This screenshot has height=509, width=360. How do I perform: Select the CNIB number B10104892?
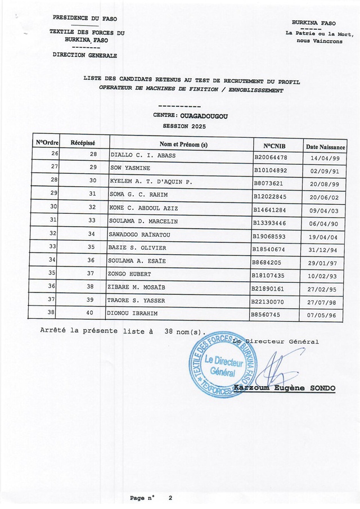click(x=271, y=169)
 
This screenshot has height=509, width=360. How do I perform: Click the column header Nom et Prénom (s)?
click(x=183, y=145)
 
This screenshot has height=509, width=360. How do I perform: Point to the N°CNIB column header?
click(x=276, y=145)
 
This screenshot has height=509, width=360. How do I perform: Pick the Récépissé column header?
click(x=83, y=143)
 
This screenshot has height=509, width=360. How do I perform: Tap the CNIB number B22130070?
click(x=271, y=301)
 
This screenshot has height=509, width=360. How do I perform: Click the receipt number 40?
click(x=93, y=313)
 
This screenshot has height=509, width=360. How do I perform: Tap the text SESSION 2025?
click(x=184, y=126)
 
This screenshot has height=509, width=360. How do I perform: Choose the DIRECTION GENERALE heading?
click(x=85, y=56)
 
